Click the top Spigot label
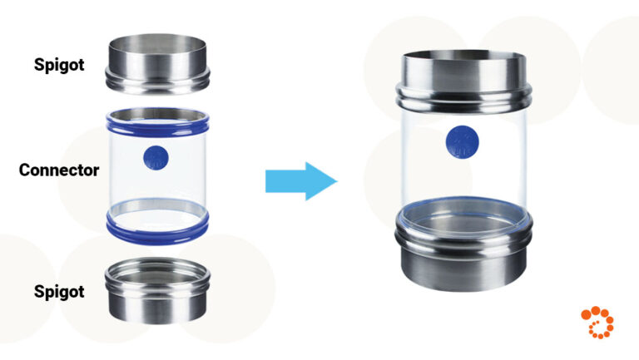click(59, 64)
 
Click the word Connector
click(59, 170)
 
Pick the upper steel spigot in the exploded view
click(156, 63)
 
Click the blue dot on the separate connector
click(156, 156)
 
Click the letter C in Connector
click(25, 170)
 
